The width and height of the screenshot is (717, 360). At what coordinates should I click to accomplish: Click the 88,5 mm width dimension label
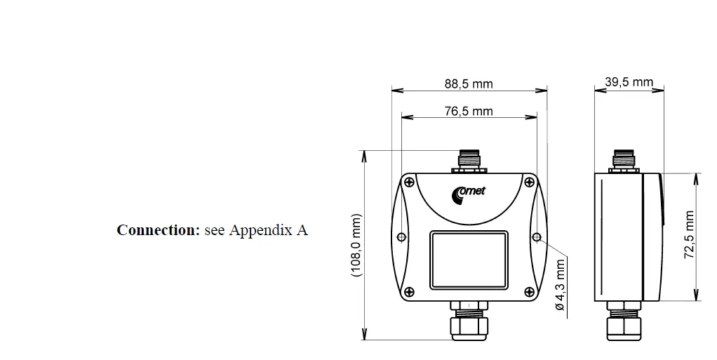(x=469, y=84)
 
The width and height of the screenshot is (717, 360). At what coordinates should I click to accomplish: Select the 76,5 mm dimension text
(x=469, y=111)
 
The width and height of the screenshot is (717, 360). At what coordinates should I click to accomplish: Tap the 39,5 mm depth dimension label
(x=629, y=83)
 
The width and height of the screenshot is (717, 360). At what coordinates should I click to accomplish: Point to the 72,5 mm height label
(x=690, y=235)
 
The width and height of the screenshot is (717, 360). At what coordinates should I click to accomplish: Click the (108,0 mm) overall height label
(x=356, y=245)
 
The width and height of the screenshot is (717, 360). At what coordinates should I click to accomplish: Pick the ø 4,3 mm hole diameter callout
(x=559, y=286)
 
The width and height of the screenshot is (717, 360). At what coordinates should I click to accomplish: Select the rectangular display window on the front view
(x=469, y=260)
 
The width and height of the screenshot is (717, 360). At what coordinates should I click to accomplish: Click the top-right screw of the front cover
(x=528, y=182)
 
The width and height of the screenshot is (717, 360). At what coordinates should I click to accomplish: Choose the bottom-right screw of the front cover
(x=527, y=291)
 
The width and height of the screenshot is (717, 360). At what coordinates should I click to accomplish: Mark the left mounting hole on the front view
(x=401, y=237)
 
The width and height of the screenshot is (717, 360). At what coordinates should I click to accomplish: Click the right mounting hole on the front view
(x=537, y=237)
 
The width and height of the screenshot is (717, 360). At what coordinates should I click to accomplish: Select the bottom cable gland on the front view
(x=469, y=322)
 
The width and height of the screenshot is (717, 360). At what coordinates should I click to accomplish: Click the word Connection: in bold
(x=159, y=230)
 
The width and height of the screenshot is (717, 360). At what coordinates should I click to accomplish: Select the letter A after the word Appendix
(x=302, y=230)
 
